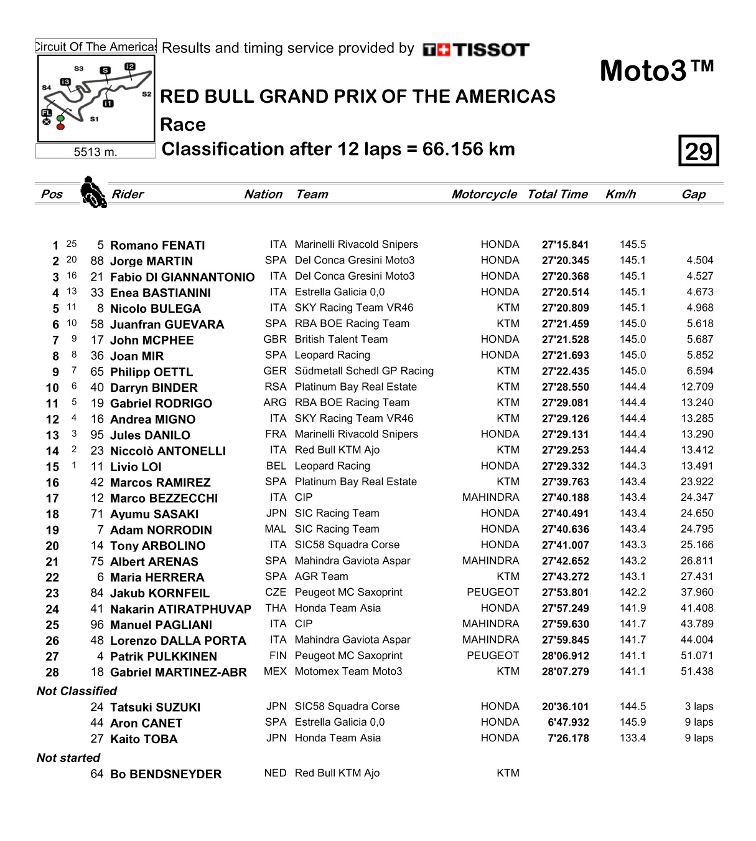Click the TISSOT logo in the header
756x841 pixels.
tap(476, 50)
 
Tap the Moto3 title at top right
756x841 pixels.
tap(656, 71)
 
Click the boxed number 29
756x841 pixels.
tap(698, 151)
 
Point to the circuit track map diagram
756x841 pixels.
tap(96, 98)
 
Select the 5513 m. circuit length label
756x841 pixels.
tap(95, 152)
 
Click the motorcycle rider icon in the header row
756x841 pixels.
tap(93, 192)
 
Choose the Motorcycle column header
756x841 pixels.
tap(484, 194)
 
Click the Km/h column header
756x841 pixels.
tap(620, 194)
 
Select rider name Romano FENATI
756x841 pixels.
tap(157, 245)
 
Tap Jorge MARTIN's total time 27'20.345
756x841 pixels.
tap(565, 261)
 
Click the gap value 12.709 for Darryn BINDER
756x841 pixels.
tap(697, 387)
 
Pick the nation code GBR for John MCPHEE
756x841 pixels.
tap(275, 340)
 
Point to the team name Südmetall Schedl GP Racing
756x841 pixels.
tap(364, 371)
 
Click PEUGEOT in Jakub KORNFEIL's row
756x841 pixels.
tap(493, 592)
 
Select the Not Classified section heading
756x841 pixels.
tap(77, 691)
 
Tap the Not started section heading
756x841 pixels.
tap(68, 758)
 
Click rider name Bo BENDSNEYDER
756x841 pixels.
tap(166, 774)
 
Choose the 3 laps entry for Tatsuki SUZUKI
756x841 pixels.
tap(699, 706)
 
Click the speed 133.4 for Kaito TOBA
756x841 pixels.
tap(633, 738)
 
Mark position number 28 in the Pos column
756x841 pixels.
tap(52, 672)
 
